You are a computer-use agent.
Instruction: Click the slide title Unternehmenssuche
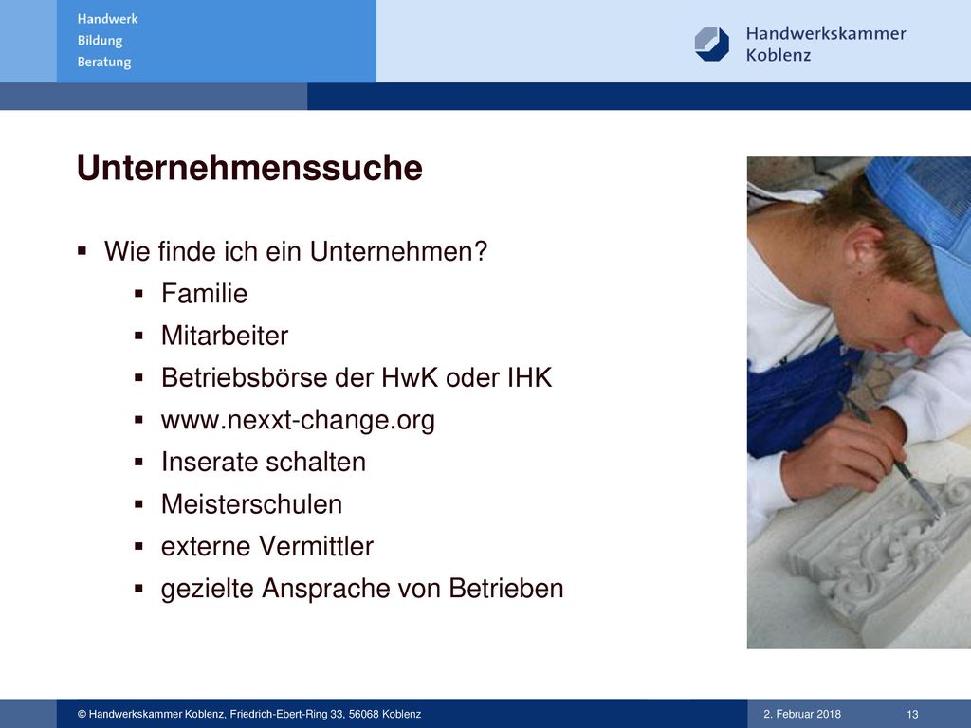click(249, 168)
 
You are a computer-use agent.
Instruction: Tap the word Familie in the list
click(205, 294)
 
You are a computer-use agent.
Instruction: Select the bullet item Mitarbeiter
click(225, 336)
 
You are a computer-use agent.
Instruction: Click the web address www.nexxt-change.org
click(298, 420)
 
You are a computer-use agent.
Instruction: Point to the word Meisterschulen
click(251, 504)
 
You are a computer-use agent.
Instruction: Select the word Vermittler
click(317, 546)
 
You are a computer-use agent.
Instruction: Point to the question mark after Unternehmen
click(481, 251)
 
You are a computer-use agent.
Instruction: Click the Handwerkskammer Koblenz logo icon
click(711, 44)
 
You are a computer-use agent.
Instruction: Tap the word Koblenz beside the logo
click(779, 55)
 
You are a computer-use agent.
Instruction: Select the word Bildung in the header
click(100, 41)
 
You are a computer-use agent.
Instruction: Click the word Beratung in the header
click(104, 63)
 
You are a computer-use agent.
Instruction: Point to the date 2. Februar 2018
click(802, 714)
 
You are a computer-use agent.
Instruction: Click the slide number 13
click(912, 714)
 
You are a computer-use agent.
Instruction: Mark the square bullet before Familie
click(138, 294)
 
